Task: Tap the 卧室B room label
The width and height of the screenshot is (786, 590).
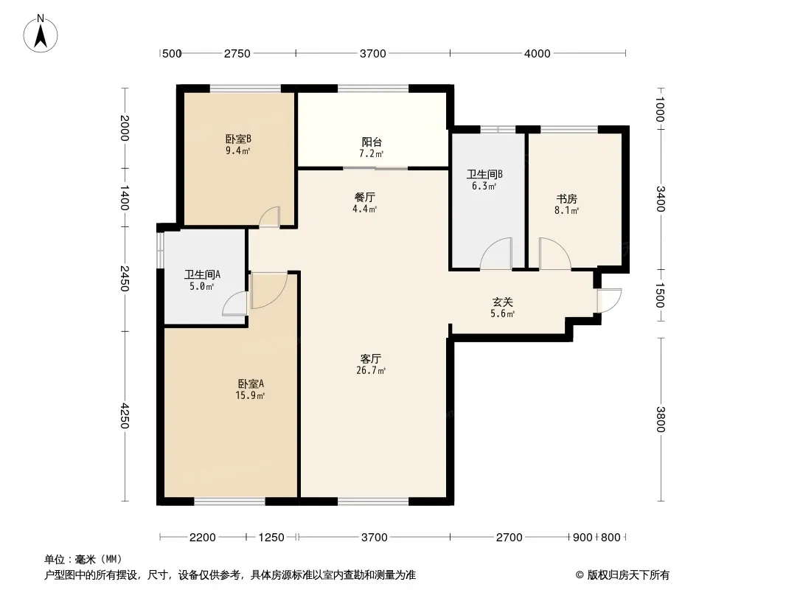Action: (x=238, y=139)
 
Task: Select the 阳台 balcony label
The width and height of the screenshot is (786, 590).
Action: (x=372, y=142)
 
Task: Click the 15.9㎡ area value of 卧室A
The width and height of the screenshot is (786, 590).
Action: (x=250, y=396)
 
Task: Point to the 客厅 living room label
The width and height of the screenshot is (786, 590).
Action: (x=371, y=359)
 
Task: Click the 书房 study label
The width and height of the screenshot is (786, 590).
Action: (x=566, y=199)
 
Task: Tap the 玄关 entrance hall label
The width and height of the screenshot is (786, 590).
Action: (x=502, y=302)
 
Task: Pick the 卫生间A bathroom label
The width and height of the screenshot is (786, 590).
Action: (x=202, y=274)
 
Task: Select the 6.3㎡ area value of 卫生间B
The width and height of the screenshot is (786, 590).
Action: (x=484, y=187)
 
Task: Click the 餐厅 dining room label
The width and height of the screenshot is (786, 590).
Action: (x=364, y=198)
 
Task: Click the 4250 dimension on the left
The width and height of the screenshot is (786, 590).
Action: (x=125, y=416)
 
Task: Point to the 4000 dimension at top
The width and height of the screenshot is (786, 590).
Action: (x=538, y=54)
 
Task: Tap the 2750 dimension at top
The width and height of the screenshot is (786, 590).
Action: (x=237, y=54)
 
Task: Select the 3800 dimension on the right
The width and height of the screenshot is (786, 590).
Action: (x=660, y=419)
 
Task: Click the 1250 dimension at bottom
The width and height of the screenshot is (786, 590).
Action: (x=271, y=538)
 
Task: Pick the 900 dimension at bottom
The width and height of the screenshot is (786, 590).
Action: (x=582, y=538)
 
